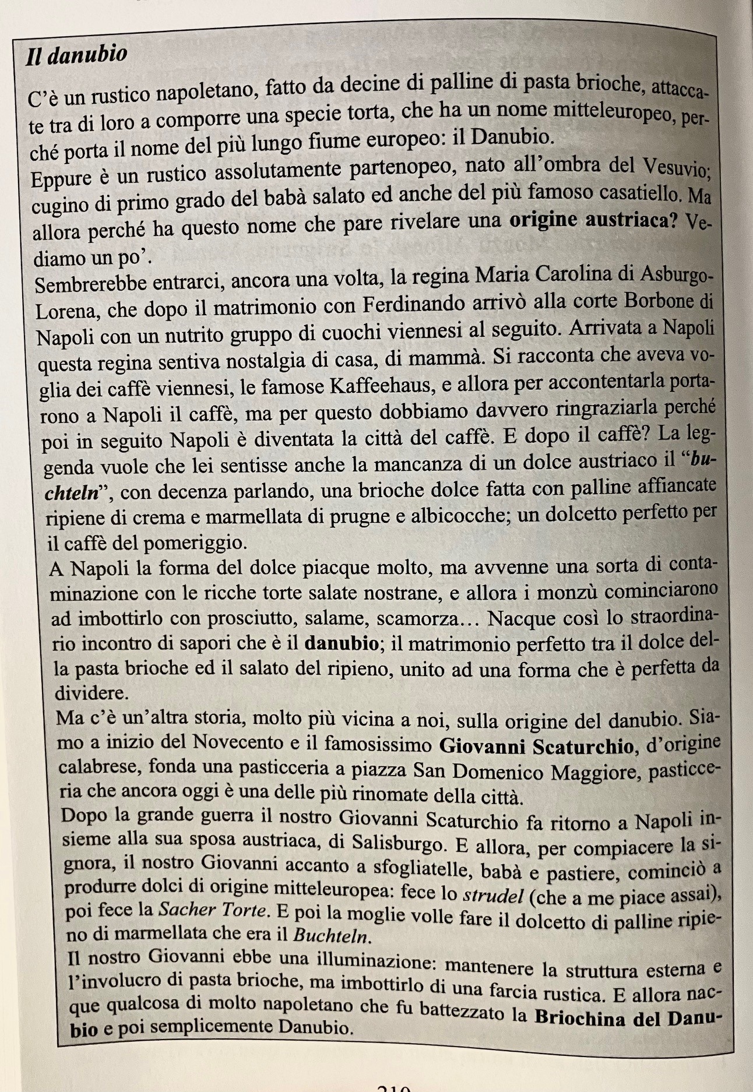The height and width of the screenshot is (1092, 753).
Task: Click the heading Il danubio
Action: click(77, 55)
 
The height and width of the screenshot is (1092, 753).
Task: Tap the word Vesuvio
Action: click(676, 168)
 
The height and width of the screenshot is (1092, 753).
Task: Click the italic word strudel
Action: click(492, 896)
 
